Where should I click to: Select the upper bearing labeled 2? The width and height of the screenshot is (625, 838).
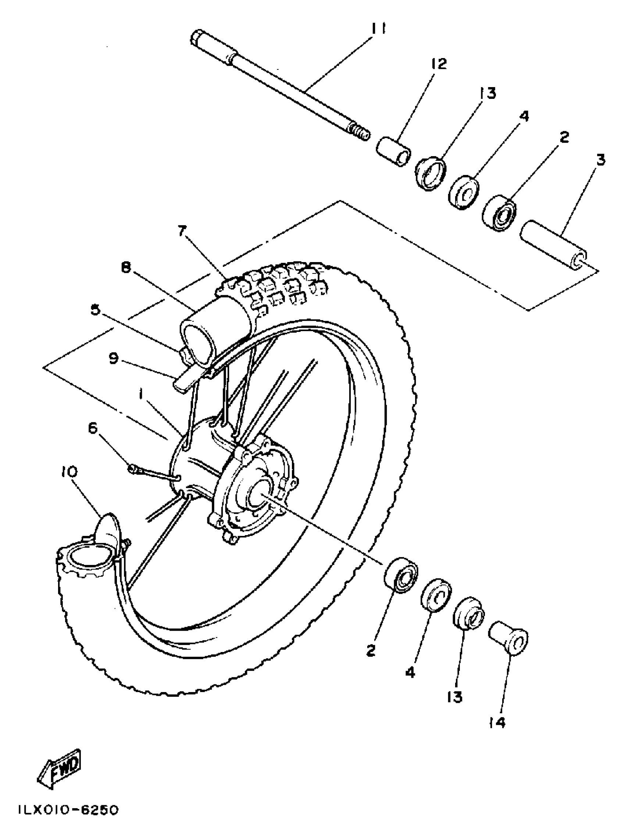coord(499,213)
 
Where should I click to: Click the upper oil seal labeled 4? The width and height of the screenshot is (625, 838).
coord(464,192)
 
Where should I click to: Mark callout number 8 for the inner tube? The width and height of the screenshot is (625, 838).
coord(126,267)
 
